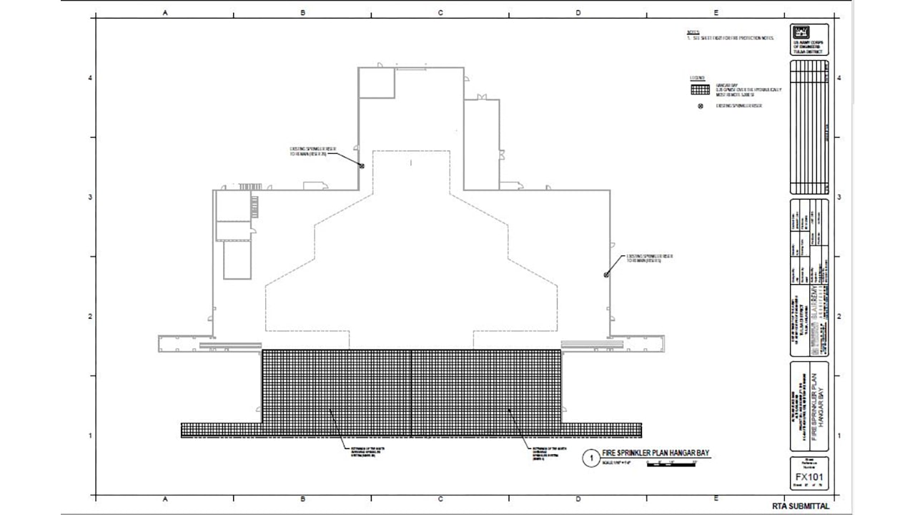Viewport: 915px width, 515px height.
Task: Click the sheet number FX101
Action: (x=808, y=478)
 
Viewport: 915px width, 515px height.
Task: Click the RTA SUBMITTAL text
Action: (x=801, y=506)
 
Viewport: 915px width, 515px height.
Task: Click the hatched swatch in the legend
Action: (x=700, y=90)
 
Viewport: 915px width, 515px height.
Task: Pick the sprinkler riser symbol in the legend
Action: (x=701, y=106)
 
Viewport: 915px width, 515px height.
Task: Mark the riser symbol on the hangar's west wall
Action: (x=362, y=166)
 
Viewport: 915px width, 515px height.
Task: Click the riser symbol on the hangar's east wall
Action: (x=606, y=275)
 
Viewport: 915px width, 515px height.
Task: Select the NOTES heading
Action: (x=692, y=32)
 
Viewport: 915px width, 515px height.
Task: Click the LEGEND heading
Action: (x=697, y=77)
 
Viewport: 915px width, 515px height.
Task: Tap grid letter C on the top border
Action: (x=440, y=13)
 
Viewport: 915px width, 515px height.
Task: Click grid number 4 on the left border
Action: (x=90, y=78)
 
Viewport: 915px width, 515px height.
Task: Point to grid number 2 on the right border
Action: (x=839, y=316)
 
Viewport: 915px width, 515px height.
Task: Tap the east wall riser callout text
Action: (x=649, y=258)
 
